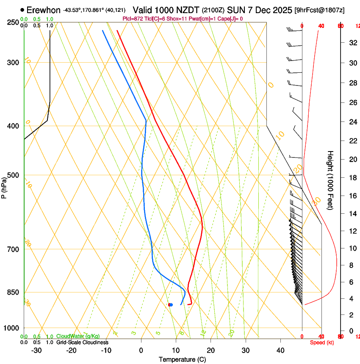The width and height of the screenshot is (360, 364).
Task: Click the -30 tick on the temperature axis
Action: point(36,350)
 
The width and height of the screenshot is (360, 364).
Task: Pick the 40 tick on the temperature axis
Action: point(280,350)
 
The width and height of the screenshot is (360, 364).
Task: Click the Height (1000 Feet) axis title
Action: point(330,180)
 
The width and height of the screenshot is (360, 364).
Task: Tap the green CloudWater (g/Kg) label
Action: point(78,336)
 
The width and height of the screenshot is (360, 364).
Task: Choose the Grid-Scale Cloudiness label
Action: point(82,342)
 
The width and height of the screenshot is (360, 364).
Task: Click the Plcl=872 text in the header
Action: point(133,19)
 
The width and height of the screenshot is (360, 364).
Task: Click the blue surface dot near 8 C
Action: point(171,305)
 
